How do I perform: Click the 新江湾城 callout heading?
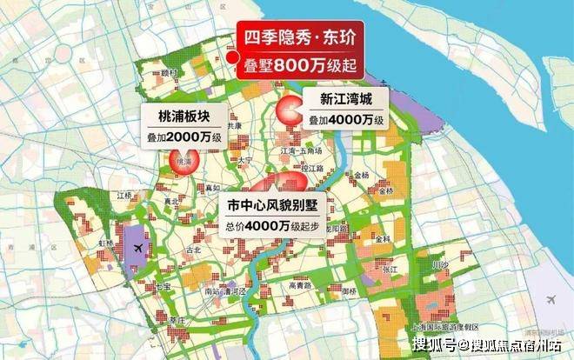pyautogui.click(x=345, y=97)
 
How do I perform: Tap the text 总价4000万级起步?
pyautogui.click(x=272, y=224)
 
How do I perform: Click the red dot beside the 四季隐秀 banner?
pyautogui.click(x=232, y=57)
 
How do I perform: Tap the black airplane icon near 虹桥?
pyautogui.click(x=139, y=250)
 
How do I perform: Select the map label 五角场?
pyautogui.click(x=314, y=151)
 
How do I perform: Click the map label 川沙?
pyautogui.click(x=439, y=263)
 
